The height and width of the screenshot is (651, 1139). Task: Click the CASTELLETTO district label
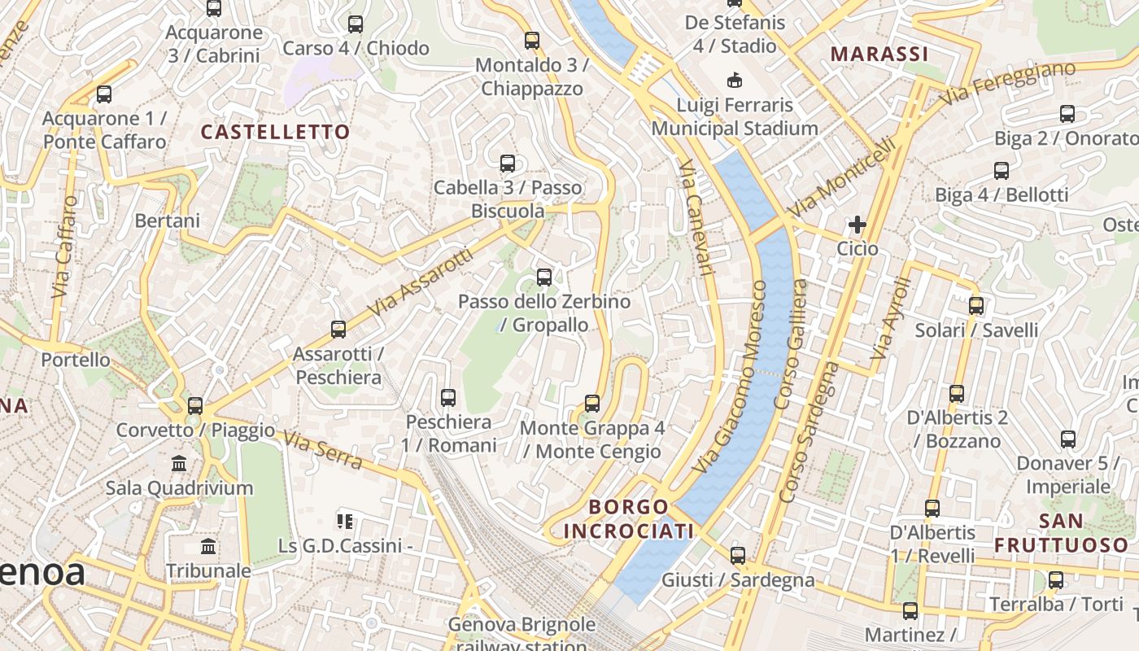[x=275, y=132]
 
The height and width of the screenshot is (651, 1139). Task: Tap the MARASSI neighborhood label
[x=879, y=55]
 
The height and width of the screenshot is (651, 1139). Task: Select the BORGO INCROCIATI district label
[x=628, y=519]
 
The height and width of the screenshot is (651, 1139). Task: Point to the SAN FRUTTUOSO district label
[x=1061, y=533]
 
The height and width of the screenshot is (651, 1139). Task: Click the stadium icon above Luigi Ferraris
[x=735, y=81]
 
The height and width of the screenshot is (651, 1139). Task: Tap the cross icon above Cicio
[x=858, y=225]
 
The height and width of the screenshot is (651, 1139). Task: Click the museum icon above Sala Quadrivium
[x=179, y=464]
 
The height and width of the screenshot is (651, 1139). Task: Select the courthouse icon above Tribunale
[x=208, y=546]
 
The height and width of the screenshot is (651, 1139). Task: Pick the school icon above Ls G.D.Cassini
[x=345, y=521]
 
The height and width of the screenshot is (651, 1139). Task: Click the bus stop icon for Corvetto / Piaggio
[x=195, y=405]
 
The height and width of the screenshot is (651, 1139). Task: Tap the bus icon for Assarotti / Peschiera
[x=338, y=330]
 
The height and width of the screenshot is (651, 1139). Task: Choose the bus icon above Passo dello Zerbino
[x=544, y=277]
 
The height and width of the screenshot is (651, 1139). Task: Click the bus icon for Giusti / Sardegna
[x=737, y=556]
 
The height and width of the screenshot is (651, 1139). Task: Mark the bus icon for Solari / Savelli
[x=976, y=306]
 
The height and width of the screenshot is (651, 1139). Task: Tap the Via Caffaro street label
[x=65, y=247]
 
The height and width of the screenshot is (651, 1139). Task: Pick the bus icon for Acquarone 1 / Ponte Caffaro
[x=104, y=94]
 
